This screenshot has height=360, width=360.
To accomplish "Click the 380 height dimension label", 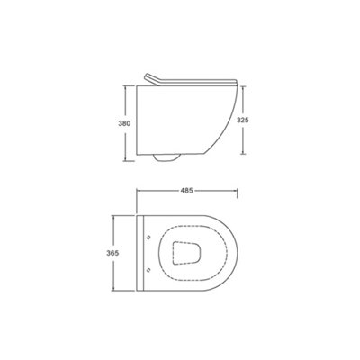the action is coord(124,123).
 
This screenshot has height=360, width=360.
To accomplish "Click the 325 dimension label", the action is coord(243,120).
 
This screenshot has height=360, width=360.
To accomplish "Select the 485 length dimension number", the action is coord(186,191).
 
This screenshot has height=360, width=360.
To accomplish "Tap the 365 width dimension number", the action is coord(112,253).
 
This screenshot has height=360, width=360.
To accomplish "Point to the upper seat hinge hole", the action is coord(148,237).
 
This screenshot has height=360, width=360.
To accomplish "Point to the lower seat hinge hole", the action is coord(148,270).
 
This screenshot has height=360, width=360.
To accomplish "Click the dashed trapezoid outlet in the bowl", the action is coord(186,253).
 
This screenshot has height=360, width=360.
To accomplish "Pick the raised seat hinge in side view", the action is coord(152,79).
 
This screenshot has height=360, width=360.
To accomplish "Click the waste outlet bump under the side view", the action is coord(166,158).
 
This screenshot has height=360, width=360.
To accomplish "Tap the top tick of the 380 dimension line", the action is coord(129,86).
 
